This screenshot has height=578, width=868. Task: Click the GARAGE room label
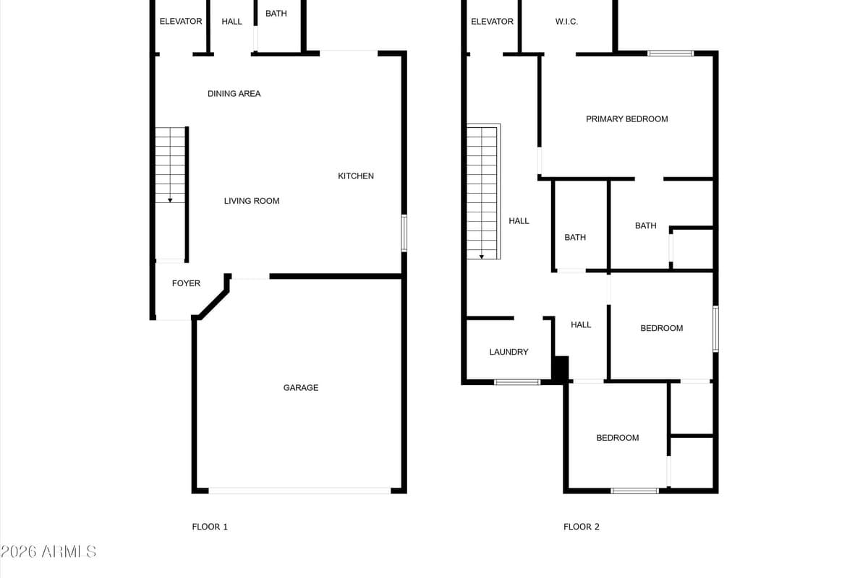[300, 388]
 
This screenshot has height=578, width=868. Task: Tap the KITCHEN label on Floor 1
[356, 176]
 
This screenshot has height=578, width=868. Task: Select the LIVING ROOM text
[251, 201]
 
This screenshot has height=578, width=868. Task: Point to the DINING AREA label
[234, 94]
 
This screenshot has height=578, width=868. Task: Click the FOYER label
[186, 283]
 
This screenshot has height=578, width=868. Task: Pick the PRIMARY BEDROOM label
[626, 119]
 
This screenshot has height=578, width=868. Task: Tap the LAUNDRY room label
[509, 352]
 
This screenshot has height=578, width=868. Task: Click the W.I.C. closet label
[566, 22]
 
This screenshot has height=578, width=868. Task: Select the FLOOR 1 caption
[210, 527]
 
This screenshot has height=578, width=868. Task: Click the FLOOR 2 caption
[582, 527]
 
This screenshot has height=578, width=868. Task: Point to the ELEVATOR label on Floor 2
[492, 22]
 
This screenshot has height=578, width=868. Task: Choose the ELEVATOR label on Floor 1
[181, 22]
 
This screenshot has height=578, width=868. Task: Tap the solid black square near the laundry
[560, 368]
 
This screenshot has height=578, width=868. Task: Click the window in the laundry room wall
[516, 381]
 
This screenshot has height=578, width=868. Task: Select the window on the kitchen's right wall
[404, 233]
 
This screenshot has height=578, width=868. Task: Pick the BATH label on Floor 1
[276, 14]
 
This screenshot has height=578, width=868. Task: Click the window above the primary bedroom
[670, 53]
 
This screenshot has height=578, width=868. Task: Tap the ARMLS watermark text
[48, 552]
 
